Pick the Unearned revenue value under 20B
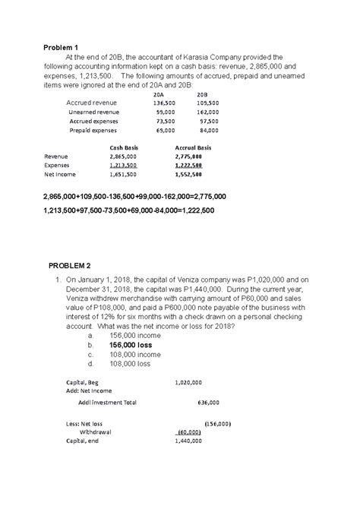207,112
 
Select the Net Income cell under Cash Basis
123,173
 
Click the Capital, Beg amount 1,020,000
188,382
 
